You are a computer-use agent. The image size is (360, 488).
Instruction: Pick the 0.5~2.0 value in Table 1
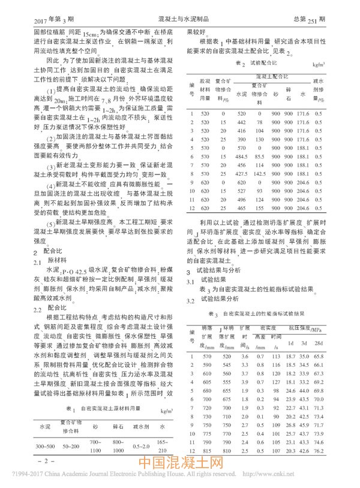point(142,446)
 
